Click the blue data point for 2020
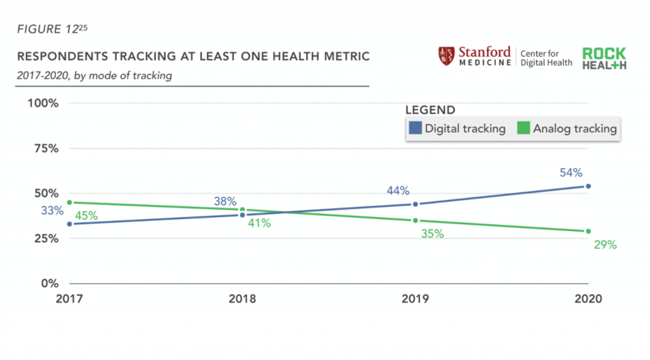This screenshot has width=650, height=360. pyautogui.click(x=588, y=186)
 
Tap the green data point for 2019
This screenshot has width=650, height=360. pyautogui.click(x=415, y=220)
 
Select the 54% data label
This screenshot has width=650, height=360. pyautogui.click(x=571, y=173)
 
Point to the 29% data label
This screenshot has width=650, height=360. pyautogui.click(x=605, y=244)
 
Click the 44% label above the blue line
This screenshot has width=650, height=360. pyautogui.click(x=398, y=190)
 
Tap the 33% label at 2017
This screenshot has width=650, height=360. pyautogui.click(x=53, y=211)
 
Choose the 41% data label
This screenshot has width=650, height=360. pyautogui.click(x=259, y=223)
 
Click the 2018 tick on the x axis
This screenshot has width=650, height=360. pyautogui.click(x=242, y=298)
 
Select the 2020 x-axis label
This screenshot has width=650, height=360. pyautogui.click(x=587, y=298)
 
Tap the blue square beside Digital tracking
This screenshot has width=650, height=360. pyautogui.click(x=415, y=128)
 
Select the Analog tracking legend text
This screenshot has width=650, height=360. pyautogui.click(x=574, y=128)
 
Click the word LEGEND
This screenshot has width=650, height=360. pyautogui.click(x=430, y=110)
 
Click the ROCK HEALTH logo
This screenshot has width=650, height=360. pyautogui.click(x=604, y=58)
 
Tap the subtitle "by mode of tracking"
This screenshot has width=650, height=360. pyautogui.click(x=124, y=76)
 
